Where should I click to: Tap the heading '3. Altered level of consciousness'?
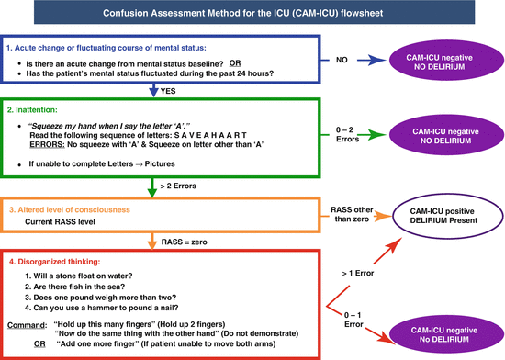pyautogui.click(x=76, y=210)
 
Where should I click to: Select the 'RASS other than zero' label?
pyautogui.click(x=352, y=213)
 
